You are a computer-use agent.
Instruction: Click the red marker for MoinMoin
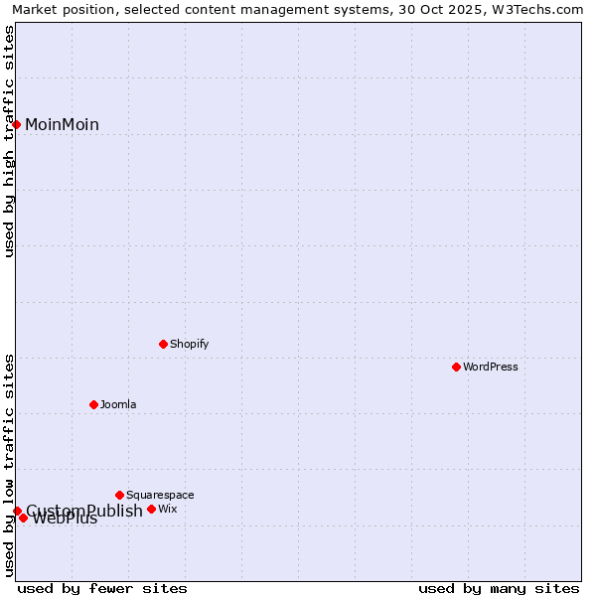pyautogui.click(x=17, y=124)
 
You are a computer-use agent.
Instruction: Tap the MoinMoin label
pyautogui.click(x=62, y=125)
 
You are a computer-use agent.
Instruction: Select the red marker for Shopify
pyautogui.click(x=164, y=344)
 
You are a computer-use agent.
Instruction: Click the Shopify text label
pyautogui.click(x=189, y=345)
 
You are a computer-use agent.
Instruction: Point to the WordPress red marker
pyautogui.click(x=457, y=367)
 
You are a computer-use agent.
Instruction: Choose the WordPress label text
pyautogui.click(x=491, y=368)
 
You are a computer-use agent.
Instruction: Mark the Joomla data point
pyautogui.click(x=94, y=404)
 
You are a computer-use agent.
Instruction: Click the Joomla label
pyautogui.click(x=118, y=405)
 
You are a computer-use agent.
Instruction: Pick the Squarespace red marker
pyautogui.click(x=120, y=495)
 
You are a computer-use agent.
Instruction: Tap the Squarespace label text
pyautogui.click(x=160, y=496)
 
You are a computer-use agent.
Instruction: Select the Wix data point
pyautogui.click(x=152, y=509)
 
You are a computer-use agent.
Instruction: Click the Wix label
pyautogui.click(x=168, y=510)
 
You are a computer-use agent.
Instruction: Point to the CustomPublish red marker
pyautogui.click(x=17, y=511)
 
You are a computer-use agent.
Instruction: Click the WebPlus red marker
pyautogui.click(x=24, y=518)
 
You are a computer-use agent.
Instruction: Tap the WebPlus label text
pyautogui.click(x=66, y=520)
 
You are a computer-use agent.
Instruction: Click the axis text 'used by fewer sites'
pyautogui.click(x=102, y=589)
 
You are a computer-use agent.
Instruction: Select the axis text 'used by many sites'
pyautogui.click(x=499, y=589)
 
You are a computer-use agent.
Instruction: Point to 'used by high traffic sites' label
pyautogui.click(x=9, y=141)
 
